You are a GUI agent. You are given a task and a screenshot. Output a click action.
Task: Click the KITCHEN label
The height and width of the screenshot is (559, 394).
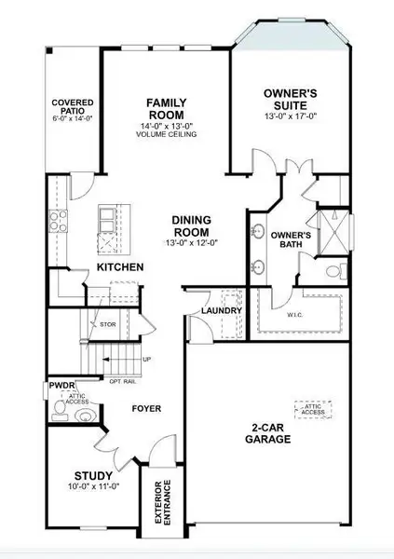click(120, 268)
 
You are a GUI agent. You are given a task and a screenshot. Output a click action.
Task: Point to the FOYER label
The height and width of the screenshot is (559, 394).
click(147, 408)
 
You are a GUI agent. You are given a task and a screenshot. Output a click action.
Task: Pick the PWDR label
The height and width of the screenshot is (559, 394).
click(63, 386)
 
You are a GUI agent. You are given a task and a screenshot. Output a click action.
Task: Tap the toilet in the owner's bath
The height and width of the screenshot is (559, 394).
click(335, 274)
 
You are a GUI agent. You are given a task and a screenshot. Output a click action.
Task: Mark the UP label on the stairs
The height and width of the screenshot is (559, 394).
click(145, 359)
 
